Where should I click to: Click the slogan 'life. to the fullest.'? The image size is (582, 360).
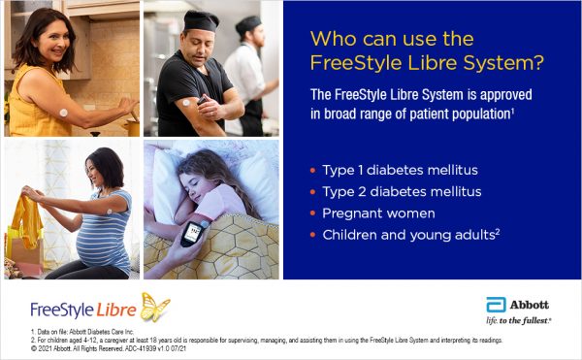point(518,319)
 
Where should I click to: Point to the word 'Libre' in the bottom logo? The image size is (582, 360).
point(117,310)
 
